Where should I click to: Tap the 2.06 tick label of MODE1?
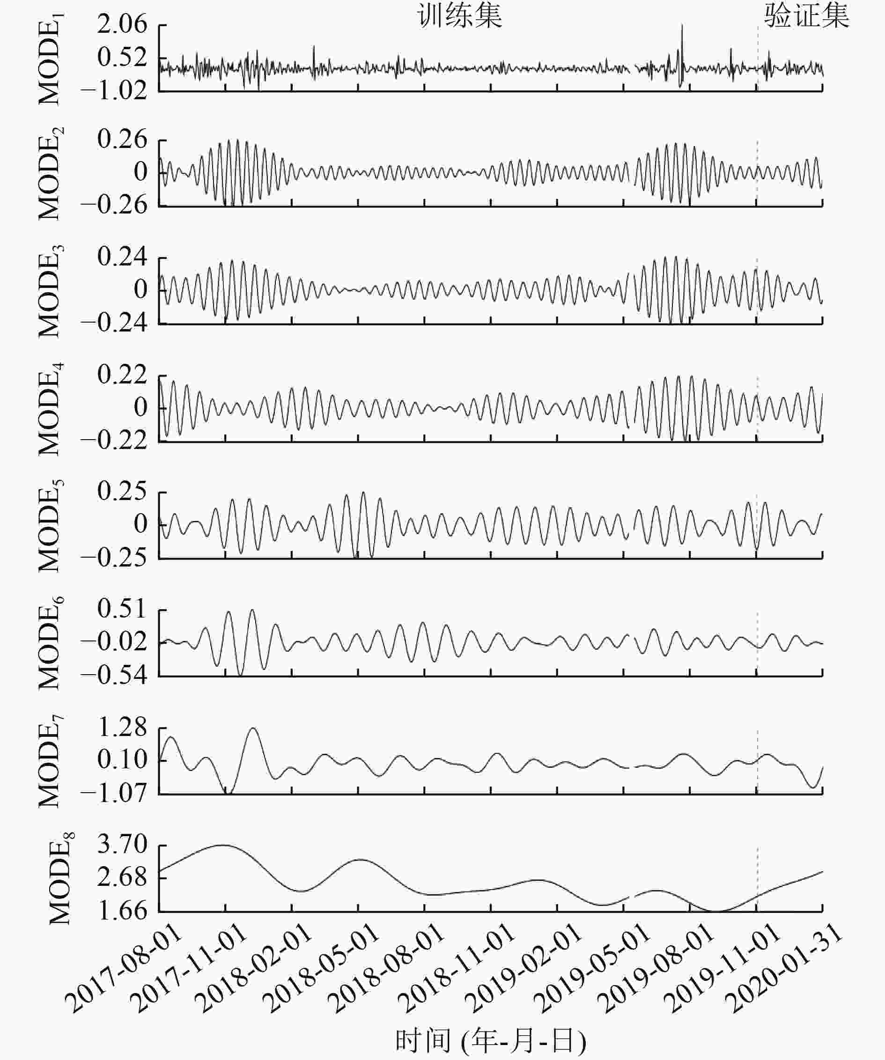click(x=122, y=24)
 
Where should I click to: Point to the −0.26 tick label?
click(x=114, y=206)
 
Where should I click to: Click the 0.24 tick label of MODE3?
click(x=122, y=257)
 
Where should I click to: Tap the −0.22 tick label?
click(x=114, y=441)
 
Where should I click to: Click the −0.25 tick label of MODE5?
click(x=114, y=558)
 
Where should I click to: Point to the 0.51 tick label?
click(x=122, y=609)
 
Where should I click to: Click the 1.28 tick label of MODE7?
click(x=122, y=728)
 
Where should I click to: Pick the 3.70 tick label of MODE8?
click(x=122, y=845)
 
